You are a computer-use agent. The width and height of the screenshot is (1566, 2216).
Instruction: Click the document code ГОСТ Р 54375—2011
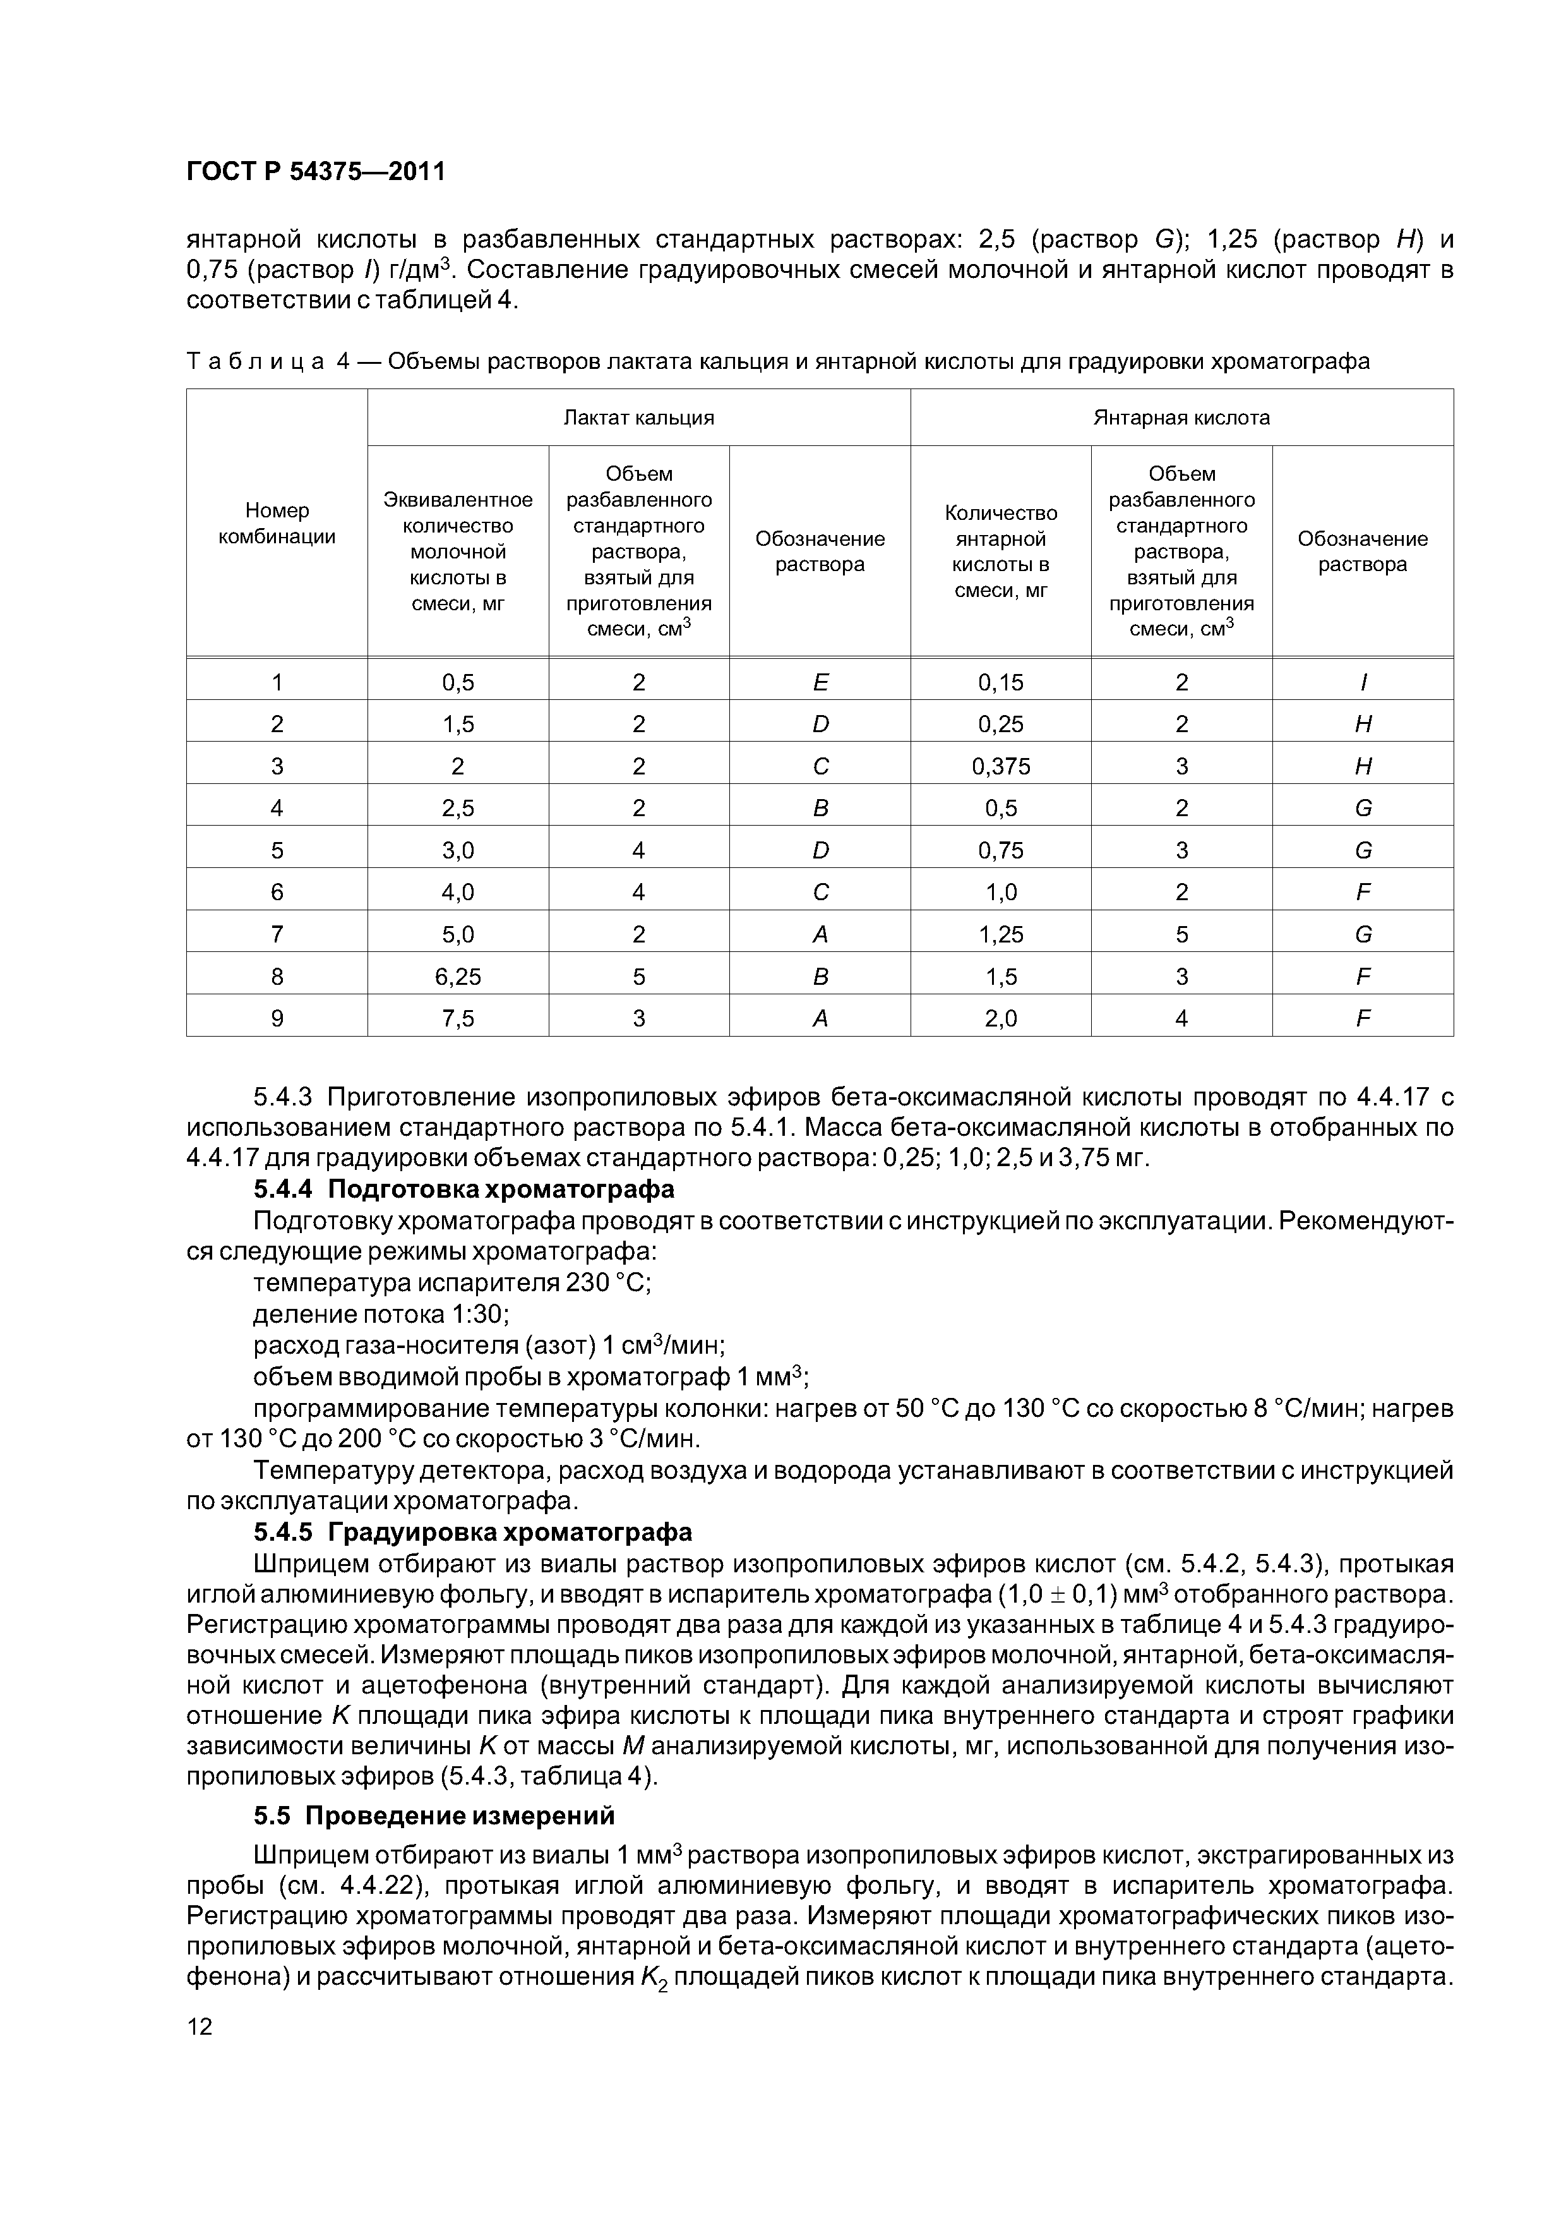[316, 172]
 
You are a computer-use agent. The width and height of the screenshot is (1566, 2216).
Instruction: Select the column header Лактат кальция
[639, 418]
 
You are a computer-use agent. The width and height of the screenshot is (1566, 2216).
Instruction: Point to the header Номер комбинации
[277, 523]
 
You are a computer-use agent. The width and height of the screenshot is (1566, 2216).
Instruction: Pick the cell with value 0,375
[1001, 766]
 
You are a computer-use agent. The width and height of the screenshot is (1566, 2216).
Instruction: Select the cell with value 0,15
[1001, 682]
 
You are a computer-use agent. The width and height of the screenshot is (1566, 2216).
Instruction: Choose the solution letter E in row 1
[820, 682]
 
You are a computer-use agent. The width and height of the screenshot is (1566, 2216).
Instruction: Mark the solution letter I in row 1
[1363, 682]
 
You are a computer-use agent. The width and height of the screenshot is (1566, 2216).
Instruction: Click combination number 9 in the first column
[277, 1018]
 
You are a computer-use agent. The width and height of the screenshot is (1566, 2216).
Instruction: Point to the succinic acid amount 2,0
[1001, 1018]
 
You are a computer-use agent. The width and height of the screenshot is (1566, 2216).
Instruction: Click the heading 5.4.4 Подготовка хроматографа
[463, 1188]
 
